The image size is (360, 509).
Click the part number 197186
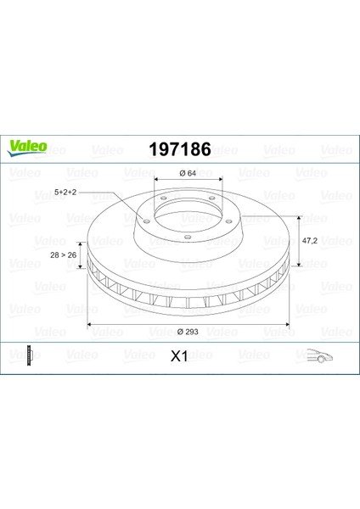tap(180, 149)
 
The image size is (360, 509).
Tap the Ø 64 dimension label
tap(188, 173)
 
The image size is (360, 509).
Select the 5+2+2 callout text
tap(65, 193)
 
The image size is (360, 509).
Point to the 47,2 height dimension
tap(310, 241)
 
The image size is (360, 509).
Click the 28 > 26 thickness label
tap(64, 255)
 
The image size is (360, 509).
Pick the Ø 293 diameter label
tap(188, 332)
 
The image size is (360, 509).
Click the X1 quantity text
tap(179, 356)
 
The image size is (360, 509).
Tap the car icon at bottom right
tap(320, 355)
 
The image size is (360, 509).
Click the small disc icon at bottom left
tap(31, 355)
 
